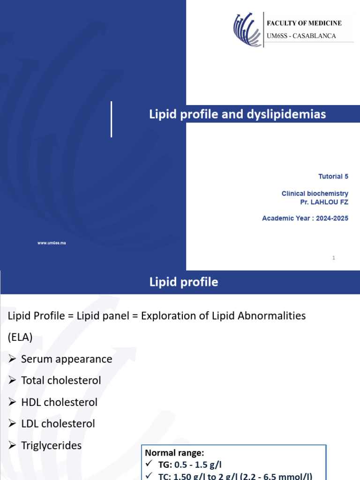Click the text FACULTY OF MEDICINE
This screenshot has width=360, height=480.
pos(304,23)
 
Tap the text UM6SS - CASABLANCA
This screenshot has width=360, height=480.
pos(301,36)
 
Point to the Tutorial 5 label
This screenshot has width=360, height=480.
pos(333,176)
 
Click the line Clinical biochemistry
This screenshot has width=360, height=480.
pos(315,193)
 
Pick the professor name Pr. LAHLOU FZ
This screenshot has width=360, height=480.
pos(324,202)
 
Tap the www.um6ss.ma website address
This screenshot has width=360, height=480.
pos(52,243)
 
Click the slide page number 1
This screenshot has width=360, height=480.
pos(334,257)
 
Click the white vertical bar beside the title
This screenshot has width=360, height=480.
pos(111,119)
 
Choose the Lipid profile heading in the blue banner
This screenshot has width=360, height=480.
pos(183,282)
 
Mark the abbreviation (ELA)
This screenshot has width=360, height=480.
pos(20,337)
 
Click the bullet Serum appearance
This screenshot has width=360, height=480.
pos(67,359)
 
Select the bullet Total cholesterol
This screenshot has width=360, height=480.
pos(61,381)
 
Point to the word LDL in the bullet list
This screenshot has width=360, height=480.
pos(30,424)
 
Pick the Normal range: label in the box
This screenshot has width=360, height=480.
pos(174,453)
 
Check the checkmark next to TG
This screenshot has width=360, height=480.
pos(149,464)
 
